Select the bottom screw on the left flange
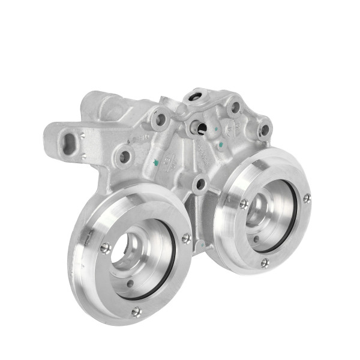[x=136, y=311]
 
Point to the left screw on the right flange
[x=244, y=203]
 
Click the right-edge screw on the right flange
[x=307, y=197]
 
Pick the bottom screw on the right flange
[x=265, y=262]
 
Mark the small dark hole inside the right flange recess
[x=256, y=238]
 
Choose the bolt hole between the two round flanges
[x=200, y=184]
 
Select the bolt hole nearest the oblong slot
[x=124, y=157]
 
